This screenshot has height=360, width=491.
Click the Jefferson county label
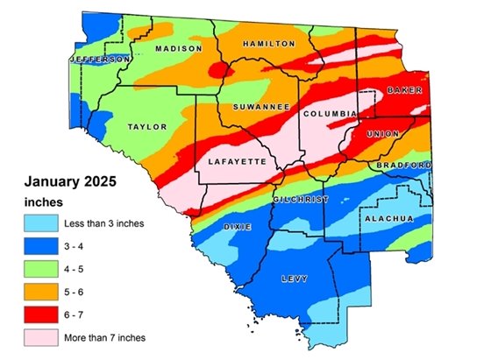[x=98, y=59]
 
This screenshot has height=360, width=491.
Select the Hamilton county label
[x=266, y=43]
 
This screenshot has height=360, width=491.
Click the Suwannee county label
[x=261, y=107]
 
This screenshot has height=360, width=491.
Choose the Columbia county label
[x=329, y=114]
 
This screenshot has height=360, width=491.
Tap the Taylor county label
[x=147, y=127]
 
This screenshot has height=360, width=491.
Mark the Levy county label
[x=295, y=279]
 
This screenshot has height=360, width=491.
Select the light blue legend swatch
[x=41, y=223]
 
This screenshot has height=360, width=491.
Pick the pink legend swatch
[x=41, y=337]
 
